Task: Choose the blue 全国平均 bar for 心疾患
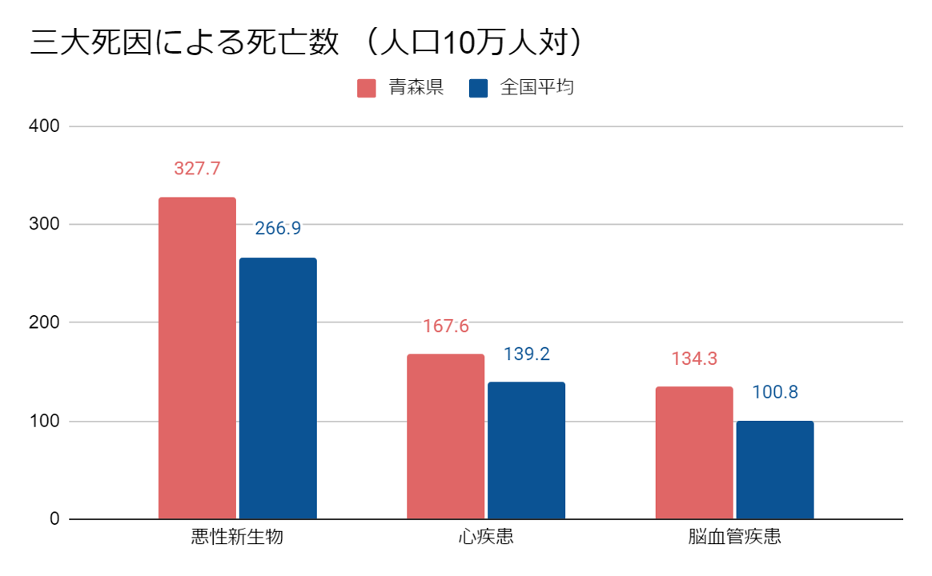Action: pyautogui.click(x=526, y=450)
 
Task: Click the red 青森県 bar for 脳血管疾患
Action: pyautogui.click(x=694, y=453)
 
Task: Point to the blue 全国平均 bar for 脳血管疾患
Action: pyautogui.click(x=775, y=470)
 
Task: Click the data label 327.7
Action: pyautogui.click(x=197, y=169)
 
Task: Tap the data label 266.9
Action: pyautogui.click(x=278, y=229)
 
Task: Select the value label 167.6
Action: pyautogui.click(x=445, y=326)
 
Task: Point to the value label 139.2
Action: pyautogui.click(x=526, y=354)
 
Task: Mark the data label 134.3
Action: pyautogui.click(x=694, y=359)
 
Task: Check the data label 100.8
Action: pyautogui.click(x=775, y=393)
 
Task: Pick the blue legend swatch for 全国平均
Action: pyautogui.click(x=479, y=88)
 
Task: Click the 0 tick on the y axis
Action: pyautogui.click(x=54, y=519)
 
